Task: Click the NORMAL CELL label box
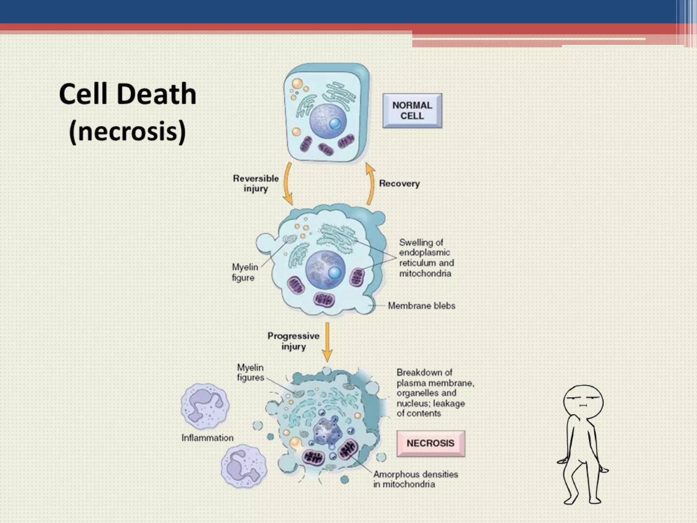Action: pyautogui.click(x=412, y=111)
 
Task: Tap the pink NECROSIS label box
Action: pyautogui.click(x=431, y=443)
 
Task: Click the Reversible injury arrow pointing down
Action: pyautogui.click(x=288, y=184)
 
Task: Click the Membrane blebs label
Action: pyautogui.click(x=421, y=306)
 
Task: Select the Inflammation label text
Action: pyautogui.click(x=207, y=438)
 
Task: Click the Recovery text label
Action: pyautogui.click(x=399, y=184)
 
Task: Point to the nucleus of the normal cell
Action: pyautogui.click(x=327, y=121)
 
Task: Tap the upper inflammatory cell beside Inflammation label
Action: pyautogui.click(x=205, y=407)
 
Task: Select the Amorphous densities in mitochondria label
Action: pyautogui.click(x=416, y=479)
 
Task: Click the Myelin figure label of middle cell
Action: pyautogui.click(x=244, y=272)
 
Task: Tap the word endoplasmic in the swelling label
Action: pyautogui.click(x=424, y=253)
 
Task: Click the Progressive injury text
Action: pyautogui.click(x=293, y=341)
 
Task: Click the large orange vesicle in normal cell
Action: pyautogui.click(x=297, y=83)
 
